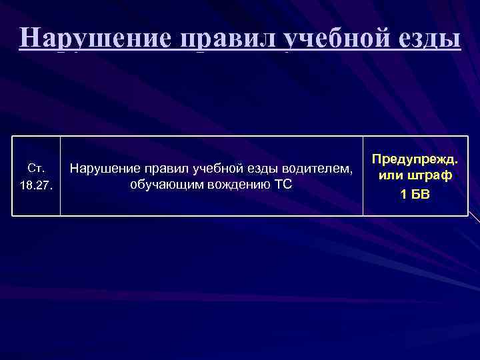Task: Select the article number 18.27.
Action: tap(35, 185)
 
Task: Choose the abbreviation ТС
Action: tap(283, 183)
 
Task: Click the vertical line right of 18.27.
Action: tap(60, 176)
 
